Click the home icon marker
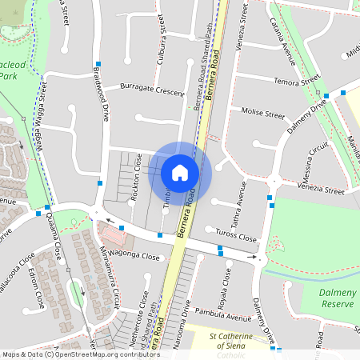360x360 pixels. coord(180,172)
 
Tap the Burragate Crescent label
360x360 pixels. coord(152,89)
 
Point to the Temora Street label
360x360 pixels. coord(297,81)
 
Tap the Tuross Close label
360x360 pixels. coord(237,238)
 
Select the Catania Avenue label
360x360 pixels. coord(289,43)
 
